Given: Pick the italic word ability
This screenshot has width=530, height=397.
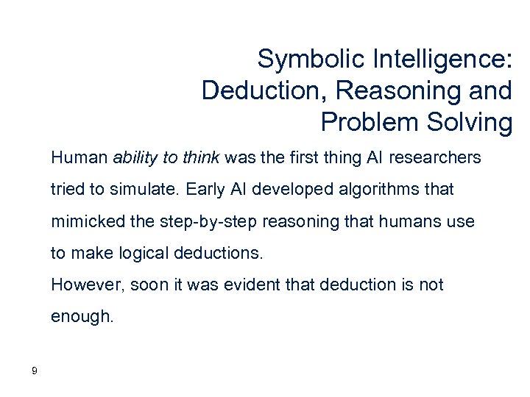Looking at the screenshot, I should pyautogui.click(x=135, y=157).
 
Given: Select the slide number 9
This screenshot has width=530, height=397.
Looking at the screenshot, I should pyautogui.click(x=35, y=370).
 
